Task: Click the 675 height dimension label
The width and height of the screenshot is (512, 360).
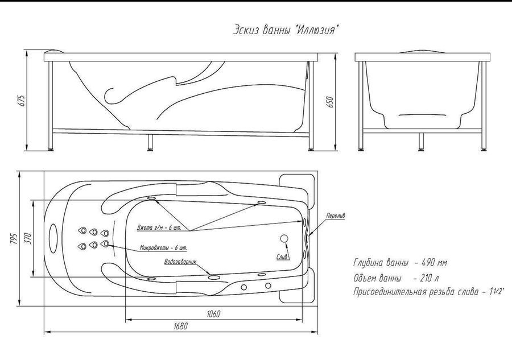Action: pos(22,101)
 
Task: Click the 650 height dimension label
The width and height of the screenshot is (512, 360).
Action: pos(330,102)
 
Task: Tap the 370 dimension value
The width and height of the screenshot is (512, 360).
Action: pos(27,239)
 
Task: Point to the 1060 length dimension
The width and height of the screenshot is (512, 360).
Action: pos(213,314)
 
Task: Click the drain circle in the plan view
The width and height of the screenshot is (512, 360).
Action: pos(284,239)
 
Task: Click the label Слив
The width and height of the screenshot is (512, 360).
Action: pos(283,257)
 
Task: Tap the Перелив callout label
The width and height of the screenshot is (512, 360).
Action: pos(336,216)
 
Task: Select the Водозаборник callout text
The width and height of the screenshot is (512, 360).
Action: pos(180,262)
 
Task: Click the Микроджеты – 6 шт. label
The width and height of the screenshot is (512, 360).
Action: pos(164,248)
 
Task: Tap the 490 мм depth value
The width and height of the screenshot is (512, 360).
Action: pos(435,263)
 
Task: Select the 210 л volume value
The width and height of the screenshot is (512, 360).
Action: pos(430,279)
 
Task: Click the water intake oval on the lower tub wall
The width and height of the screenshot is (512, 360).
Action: pos(214,278)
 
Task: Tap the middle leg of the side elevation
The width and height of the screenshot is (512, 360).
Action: pos(150,142)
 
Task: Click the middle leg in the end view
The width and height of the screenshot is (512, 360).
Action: pos(422,142)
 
